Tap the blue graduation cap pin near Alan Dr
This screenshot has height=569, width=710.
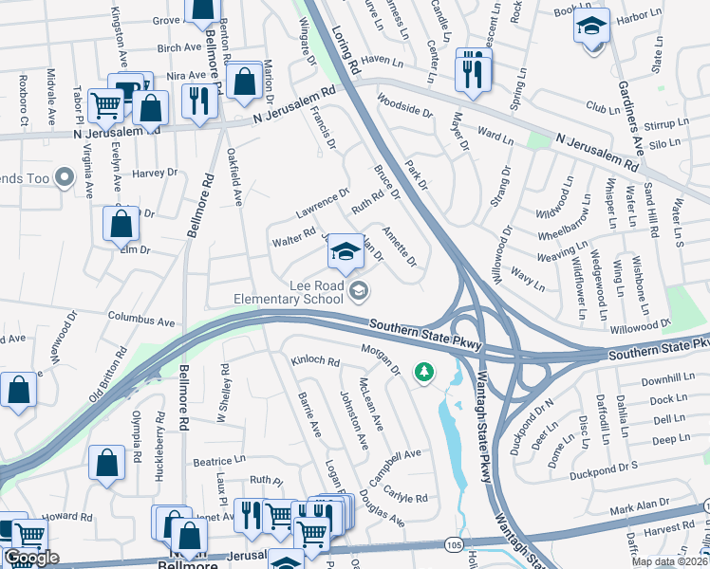tap(346, 252)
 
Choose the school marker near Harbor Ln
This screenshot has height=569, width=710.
tap(591, 27)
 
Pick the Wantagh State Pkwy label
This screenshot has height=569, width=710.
tap(486, 417)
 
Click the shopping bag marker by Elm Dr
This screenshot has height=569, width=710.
tap(121, 225)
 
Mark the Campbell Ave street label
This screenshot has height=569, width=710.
tap(395, 468)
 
